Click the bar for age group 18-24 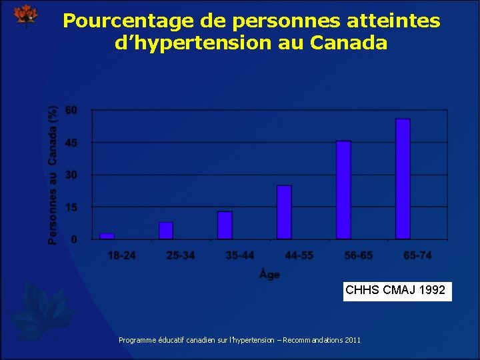point(107,236)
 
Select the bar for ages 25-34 point(166,231)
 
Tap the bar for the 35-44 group point(225,225)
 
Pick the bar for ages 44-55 point(285,212)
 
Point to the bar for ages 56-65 point(343,190)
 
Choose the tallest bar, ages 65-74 point(403,179)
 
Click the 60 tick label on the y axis point(71,110)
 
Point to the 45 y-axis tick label point(71,143)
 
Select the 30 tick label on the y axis point(71,175)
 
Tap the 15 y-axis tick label point(71,207)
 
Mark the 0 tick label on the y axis point(74,239)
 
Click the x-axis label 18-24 point(122,256)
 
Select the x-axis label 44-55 point(299,256)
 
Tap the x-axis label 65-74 point(417,256)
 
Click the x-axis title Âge point(269,275)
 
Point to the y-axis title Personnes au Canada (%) point(53,173)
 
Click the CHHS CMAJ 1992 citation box point(397,291)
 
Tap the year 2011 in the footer point(353,340)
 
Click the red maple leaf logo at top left point(26,16)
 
